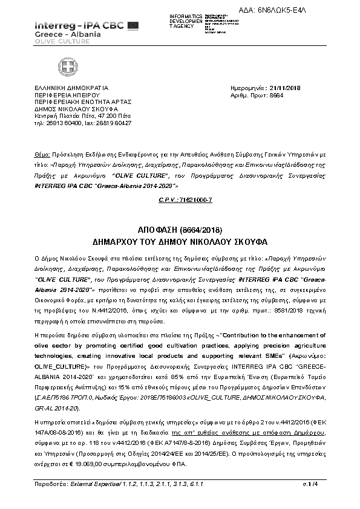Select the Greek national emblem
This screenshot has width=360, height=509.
pos(65,65)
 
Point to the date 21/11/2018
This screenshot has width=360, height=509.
pos(284,89)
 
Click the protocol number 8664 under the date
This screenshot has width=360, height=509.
pos(276,96)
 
